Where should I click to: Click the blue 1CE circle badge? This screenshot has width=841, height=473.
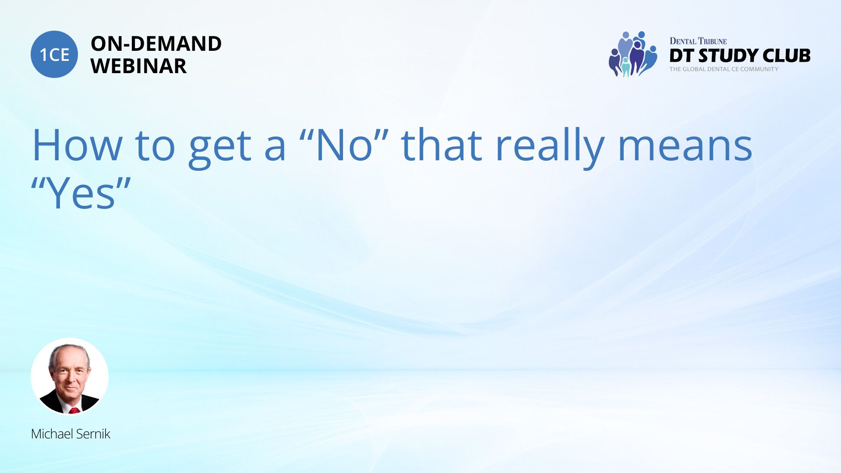tap(54, 54)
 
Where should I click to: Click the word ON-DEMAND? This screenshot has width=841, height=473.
tap(156, 44)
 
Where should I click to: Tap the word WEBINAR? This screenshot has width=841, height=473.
tap(138, 66)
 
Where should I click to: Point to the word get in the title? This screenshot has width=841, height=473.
tap(220, 149)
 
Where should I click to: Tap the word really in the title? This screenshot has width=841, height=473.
tap(550, 148)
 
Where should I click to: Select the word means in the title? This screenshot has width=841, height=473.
tap(685, 149)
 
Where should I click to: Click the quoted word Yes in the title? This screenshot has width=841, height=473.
tap(81, 191)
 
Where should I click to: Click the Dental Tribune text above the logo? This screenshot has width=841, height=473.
tap(698, 41)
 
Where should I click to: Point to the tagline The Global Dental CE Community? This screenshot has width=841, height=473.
tap(724, 69)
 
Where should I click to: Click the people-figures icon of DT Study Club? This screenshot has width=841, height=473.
tap(633, 54)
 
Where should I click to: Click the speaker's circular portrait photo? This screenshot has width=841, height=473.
tap(70, 376)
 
